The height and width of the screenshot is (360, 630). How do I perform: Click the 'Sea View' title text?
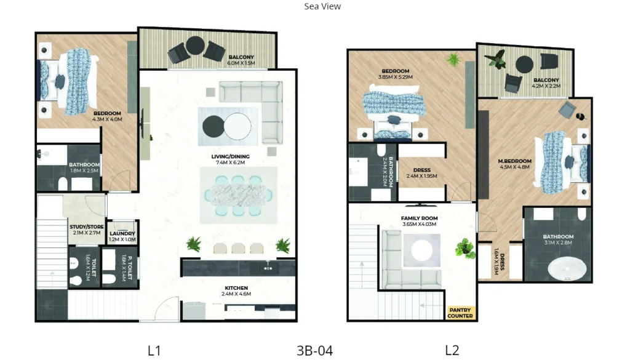click(322, 7)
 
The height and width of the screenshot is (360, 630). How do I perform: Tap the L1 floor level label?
click(154, 351)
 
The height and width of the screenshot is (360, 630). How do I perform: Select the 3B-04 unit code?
click(314, 351)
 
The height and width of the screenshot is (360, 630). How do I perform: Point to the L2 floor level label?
click(452, 351)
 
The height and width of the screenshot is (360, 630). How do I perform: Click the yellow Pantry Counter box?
click(460, 313)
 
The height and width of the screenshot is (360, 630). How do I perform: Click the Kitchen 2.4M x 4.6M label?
click(236, 290)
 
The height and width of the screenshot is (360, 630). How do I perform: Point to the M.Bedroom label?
click(514, 164)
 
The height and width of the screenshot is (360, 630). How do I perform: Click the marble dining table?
click(238, 195)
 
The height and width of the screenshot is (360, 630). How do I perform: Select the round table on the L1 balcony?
click(196, 46)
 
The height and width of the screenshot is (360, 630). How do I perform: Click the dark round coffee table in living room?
click(213, 126)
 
